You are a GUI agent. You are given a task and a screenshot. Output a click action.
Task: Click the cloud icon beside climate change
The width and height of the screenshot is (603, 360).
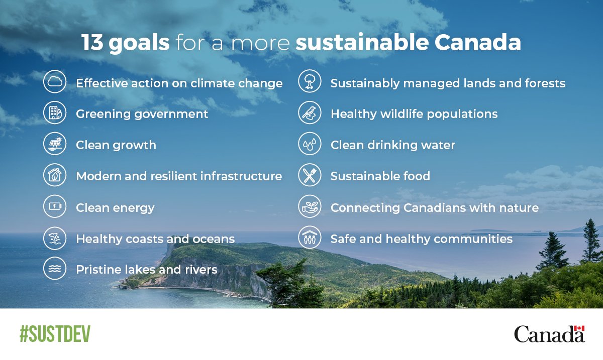click(x=55, y=82)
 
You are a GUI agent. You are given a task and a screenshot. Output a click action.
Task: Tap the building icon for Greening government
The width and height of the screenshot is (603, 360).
click(x=55, y=113)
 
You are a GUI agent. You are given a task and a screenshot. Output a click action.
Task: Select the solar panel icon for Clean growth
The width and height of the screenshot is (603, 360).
click(x=55, y=145)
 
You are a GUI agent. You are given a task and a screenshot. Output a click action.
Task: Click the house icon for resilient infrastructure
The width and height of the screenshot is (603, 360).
click(x=55, y=176)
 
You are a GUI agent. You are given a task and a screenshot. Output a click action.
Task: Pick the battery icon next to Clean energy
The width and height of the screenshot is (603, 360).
click(x=55, y=207)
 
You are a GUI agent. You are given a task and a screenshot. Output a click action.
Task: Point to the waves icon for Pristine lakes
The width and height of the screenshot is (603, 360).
click(x=55, y=269)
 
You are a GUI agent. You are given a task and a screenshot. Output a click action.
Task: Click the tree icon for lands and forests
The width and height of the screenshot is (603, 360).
click(x=310, y=82)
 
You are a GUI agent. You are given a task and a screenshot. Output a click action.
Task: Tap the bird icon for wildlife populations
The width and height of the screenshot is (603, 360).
click(x=310, y=113)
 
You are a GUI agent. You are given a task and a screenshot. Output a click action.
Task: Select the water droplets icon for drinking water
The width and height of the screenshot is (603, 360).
click(x=310, y=145)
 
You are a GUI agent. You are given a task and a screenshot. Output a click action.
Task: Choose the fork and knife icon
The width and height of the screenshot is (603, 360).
click(x=310, y=176)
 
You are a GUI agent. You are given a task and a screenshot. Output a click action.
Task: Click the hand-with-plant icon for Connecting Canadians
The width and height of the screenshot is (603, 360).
click(x=310, y=207)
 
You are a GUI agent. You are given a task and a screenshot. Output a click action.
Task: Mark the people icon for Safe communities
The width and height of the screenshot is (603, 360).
click(x=310, y=238)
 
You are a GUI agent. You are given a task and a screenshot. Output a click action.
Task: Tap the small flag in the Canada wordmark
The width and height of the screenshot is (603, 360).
click(x=579, y=329)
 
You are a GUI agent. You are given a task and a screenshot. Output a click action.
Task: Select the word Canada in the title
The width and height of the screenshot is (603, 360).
click(x=477, y=44)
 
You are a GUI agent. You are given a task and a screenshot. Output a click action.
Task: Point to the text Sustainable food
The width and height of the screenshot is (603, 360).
click(x=380, y=176)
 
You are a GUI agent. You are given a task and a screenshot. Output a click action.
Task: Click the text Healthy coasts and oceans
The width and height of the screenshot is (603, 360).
click(x=155, y=239)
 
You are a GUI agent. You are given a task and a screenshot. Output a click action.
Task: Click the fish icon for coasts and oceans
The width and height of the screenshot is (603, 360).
click(x=55, y=238)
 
